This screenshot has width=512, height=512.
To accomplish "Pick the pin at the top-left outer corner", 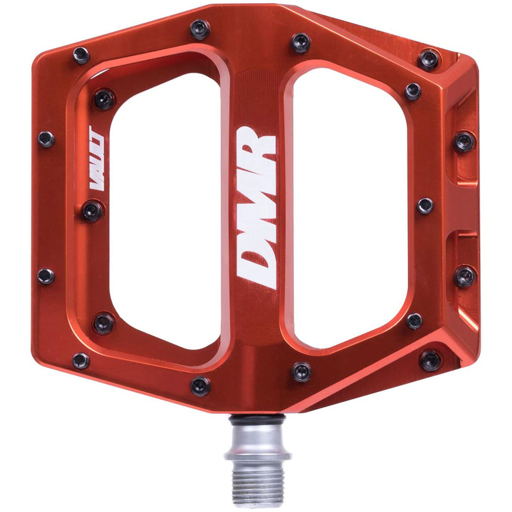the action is tap(81, 55).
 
